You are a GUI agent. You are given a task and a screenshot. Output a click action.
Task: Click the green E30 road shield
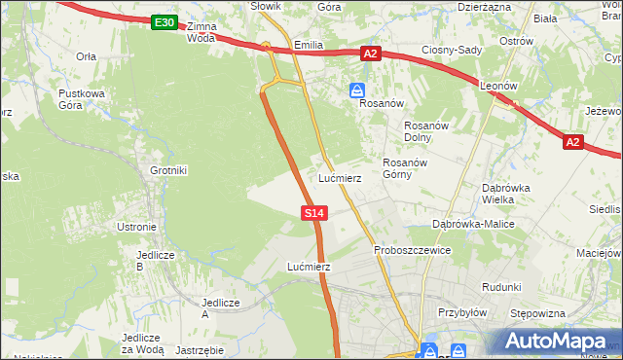[165, 22]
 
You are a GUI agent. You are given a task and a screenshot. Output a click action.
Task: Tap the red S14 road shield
[313, 212]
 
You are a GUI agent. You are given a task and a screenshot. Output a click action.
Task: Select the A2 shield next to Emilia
[370, 54]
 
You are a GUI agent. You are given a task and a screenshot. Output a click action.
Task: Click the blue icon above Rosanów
[357, 90]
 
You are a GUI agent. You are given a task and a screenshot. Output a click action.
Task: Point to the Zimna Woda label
[202, 32]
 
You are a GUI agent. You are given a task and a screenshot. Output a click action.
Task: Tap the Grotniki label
[167, 170]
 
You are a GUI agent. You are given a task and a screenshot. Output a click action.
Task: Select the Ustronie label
[136, 227]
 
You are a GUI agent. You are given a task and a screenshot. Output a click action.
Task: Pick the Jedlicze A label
[219, 308]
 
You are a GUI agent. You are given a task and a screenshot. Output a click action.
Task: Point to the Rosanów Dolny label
[424, 131]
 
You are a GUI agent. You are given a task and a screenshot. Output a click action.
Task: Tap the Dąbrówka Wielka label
[505, 194]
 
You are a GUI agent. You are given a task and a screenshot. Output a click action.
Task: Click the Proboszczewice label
[412, 250]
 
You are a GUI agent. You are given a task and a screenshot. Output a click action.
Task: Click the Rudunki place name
[502, 287]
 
